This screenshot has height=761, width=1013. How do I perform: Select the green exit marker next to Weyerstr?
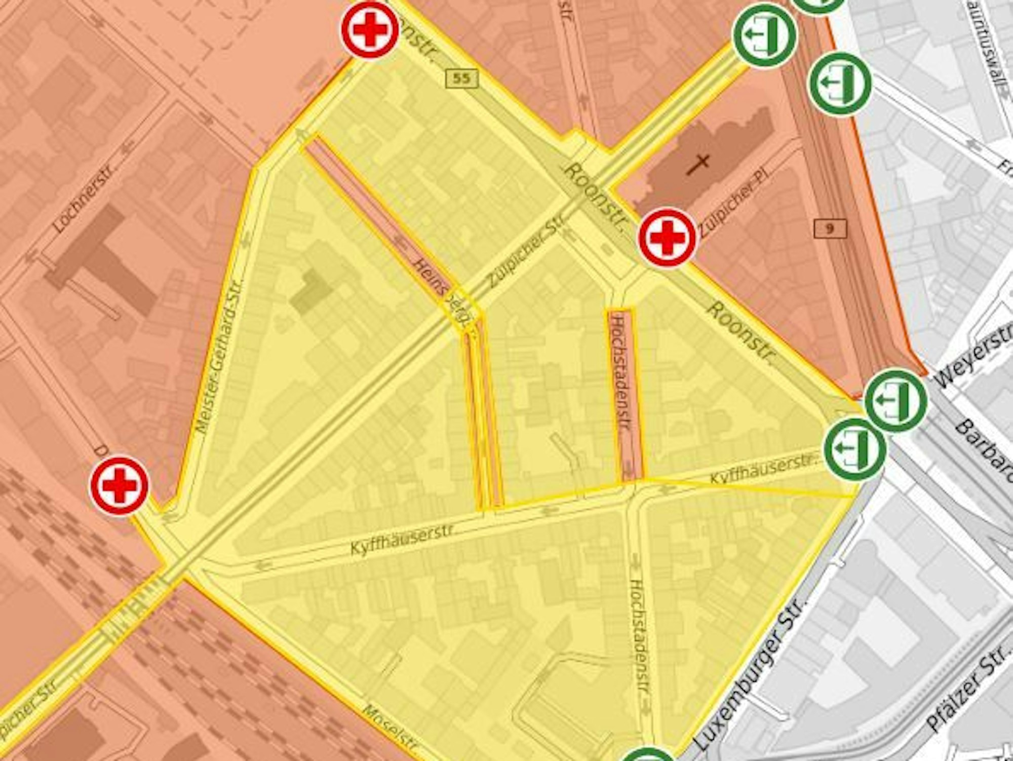click(x=895, y=400)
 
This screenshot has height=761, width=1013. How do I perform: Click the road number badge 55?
click(x=461, y=78)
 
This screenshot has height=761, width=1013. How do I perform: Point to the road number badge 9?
click(x=830, y=228)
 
